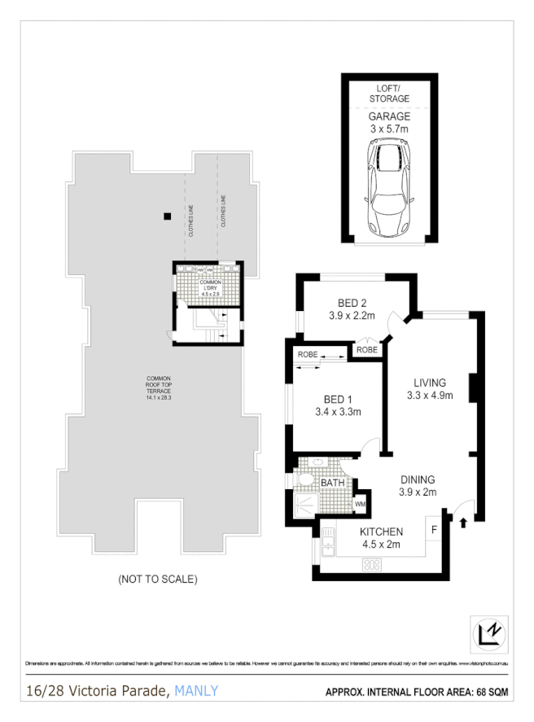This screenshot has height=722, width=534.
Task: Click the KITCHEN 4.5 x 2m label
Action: point(382,538)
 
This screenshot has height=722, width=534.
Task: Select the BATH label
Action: point(332,484)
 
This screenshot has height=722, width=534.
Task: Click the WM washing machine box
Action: point(360,505)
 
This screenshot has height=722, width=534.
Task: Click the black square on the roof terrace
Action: point(167,216)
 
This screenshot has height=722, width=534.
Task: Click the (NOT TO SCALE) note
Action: point(158,580)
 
